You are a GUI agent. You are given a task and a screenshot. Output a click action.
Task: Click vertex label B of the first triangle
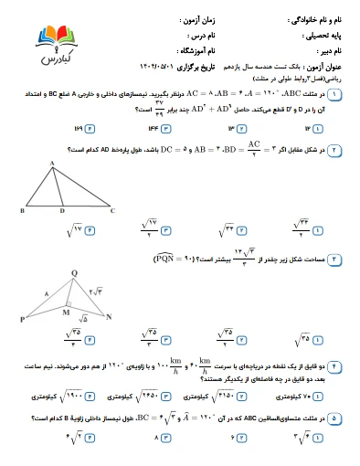[x=21, y=209]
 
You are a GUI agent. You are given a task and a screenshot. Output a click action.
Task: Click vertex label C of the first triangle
[x=111, y=209]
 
